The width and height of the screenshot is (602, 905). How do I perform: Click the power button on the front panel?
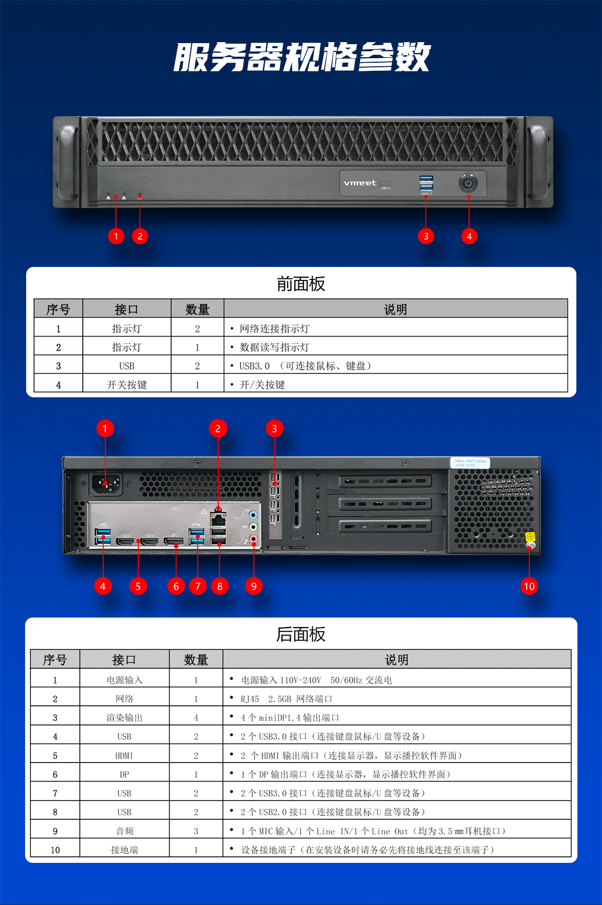click(x=468, y=183)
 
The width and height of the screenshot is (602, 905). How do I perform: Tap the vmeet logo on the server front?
click(x=360, y=183)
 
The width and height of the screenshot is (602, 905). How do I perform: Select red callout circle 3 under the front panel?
click(x=426, y=236)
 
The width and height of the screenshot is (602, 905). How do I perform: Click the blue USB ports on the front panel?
click(x=426, y=184)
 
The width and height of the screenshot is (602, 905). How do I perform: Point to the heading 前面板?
click(x=301, y=284)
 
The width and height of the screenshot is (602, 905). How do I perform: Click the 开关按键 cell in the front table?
click(x=127, y=385)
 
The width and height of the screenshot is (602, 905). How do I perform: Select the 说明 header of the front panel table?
click(x=395, y=310)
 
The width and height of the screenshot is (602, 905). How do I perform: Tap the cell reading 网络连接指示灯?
click(x=274, y=329)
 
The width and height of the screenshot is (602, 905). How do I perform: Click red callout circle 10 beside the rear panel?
click(x=529, y=586)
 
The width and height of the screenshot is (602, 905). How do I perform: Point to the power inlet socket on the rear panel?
click(x=106, y=484)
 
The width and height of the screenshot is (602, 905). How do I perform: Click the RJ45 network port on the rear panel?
click(x=218, y=517)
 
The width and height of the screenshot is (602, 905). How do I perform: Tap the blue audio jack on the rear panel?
click(x=253, y=515)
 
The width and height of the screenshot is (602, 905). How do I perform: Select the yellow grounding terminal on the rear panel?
click(x=530, y=537)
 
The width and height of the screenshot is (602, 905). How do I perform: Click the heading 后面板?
click(x=301, y=635)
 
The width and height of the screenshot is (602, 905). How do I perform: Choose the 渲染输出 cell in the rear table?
click(x=124, y=718)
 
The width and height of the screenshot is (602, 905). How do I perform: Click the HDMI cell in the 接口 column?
click(x=124, y=756)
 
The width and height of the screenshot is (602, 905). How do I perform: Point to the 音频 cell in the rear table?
click(x=124, y=831)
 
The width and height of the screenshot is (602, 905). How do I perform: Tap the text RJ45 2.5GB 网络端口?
click(x=286, y=699)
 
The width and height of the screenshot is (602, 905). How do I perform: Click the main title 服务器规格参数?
click(x=302, y=57)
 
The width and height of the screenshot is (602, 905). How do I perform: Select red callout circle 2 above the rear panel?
click(x=218, y=428)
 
